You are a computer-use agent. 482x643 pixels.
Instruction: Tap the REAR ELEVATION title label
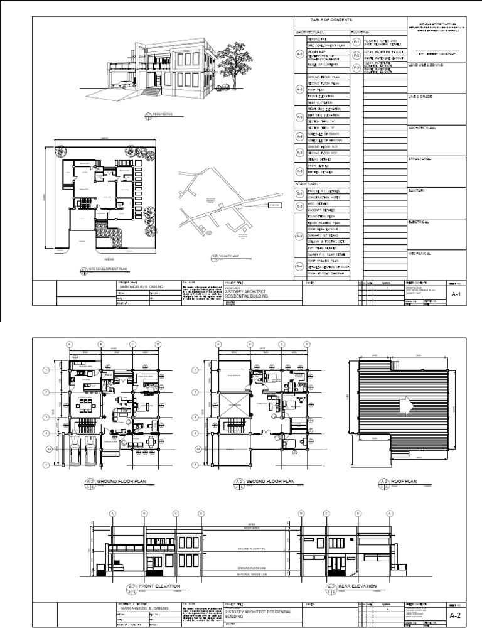[356, 586]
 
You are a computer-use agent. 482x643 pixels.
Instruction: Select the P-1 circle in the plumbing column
[356, 41]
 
